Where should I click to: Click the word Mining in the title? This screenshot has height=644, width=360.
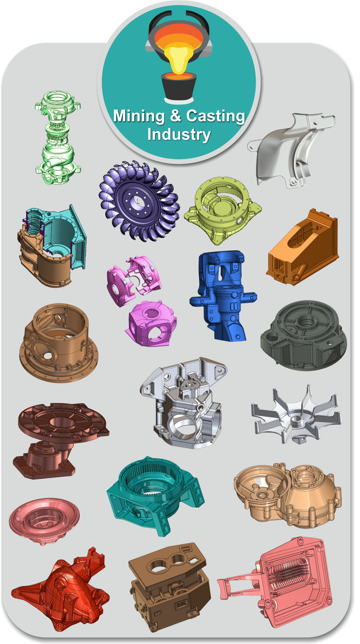pos(139,116)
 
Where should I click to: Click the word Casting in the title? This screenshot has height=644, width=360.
pos(216,116)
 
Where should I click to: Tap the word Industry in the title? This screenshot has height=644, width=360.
pos(179,134)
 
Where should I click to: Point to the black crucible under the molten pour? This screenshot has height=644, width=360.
pos(179,86)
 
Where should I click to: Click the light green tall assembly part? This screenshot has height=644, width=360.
pos(58,138)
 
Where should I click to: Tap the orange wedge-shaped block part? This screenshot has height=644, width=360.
pos(303,248)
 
